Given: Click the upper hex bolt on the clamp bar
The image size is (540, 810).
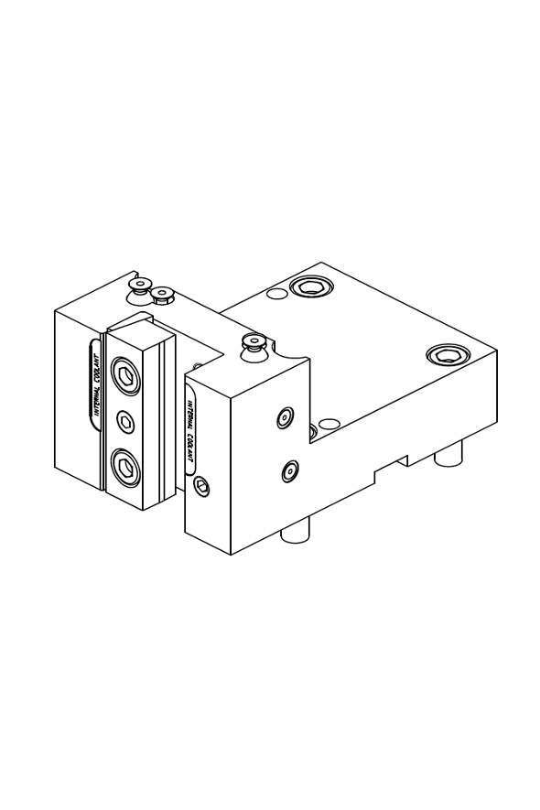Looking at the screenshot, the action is tap(125, 375).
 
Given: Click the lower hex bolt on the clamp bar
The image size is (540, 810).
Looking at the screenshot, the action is tap(125, 467).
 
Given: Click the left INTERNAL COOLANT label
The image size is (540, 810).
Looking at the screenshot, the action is tap(95, 383).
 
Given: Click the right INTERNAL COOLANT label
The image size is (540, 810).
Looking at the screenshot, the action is tap(191, 432).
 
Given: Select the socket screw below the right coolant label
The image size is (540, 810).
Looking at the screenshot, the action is tap(202, 486).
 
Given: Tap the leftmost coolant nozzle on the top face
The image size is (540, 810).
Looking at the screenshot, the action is tap(138, 287).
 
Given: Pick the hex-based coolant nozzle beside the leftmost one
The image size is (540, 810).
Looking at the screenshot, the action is tap(163, 296).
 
